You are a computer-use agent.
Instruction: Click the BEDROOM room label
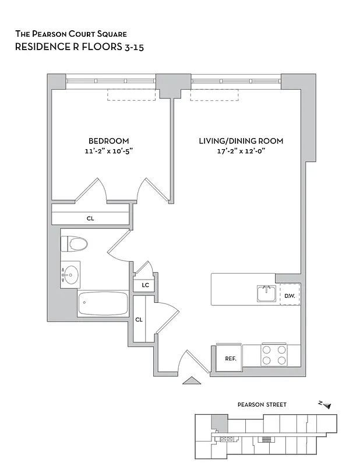point(108,141)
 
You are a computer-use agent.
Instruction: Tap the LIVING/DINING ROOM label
point(241,141)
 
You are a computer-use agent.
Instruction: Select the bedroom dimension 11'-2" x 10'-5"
point(108,151)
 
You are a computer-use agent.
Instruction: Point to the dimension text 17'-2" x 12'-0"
point(241,151)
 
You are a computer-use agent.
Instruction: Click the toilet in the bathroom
point(75,243)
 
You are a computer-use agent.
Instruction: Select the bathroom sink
point(70,273)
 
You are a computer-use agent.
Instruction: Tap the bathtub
point(103,303)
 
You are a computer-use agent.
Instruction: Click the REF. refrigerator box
point(230,358)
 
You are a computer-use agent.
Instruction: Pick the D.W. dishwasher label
point(290,295)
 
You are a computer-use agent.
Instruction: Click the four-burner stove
point(274,355)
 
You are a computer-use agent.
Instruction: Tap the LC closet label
point(144,285)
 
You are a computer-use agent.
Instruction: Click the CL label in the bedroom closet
point(90,218)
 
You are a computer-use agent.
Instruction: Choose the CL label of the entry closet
point(139,320)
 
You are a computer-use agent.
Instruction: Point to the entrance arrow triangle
point(190,381)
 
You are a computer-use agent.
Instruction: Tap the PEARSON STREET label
point(262,404)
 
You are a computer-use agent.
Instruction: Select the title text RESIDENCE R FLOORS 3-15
point(79,47)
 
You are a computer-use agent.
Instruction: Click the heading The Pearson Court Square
point(71,35)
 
